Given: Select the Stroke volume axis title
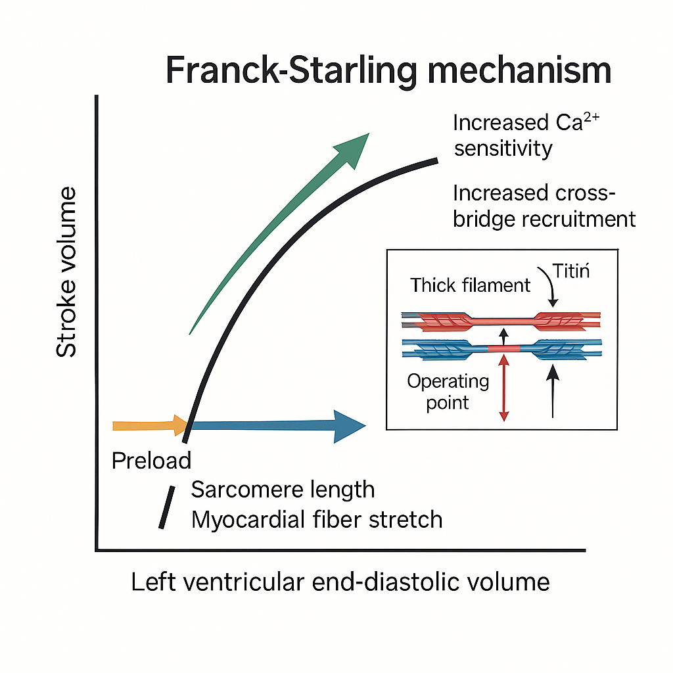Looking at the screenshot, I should (x=66, y=272).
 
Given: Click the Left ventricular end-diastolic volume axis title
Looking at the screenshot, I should (x=340, y=582).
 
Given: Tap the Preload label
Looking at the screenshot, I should (x=151, y=461).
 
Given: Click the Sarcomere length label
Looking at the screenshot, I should (x=283, y=490).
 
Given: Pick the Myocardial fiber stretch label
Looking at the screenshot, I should (x=316, y=520).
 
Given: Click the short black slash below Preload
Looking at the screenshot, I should (x=166, y=507).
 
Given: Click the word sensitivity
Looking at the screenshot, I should (x=503, y=149).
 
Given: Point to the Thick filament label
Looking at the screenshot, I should (x=470, y=285).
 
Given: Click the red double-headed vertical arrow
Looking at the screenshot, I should (x=504, y=387).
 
